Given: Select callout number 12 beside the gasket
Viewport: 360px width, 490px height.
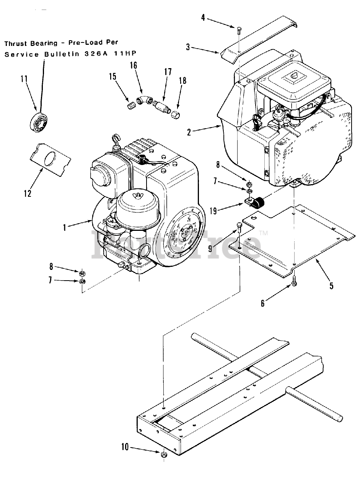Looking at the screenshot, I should (x=28, y=193).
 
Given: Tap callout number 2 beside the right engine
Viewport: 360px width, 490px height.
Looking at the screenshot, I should (x=189, y=132).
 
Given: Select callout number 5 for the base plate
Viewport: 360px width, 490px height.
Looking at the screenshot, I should (x=331, y=285).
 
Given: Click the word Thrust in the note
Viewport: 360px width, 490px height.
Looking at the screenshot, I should (x=15, y=44).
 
